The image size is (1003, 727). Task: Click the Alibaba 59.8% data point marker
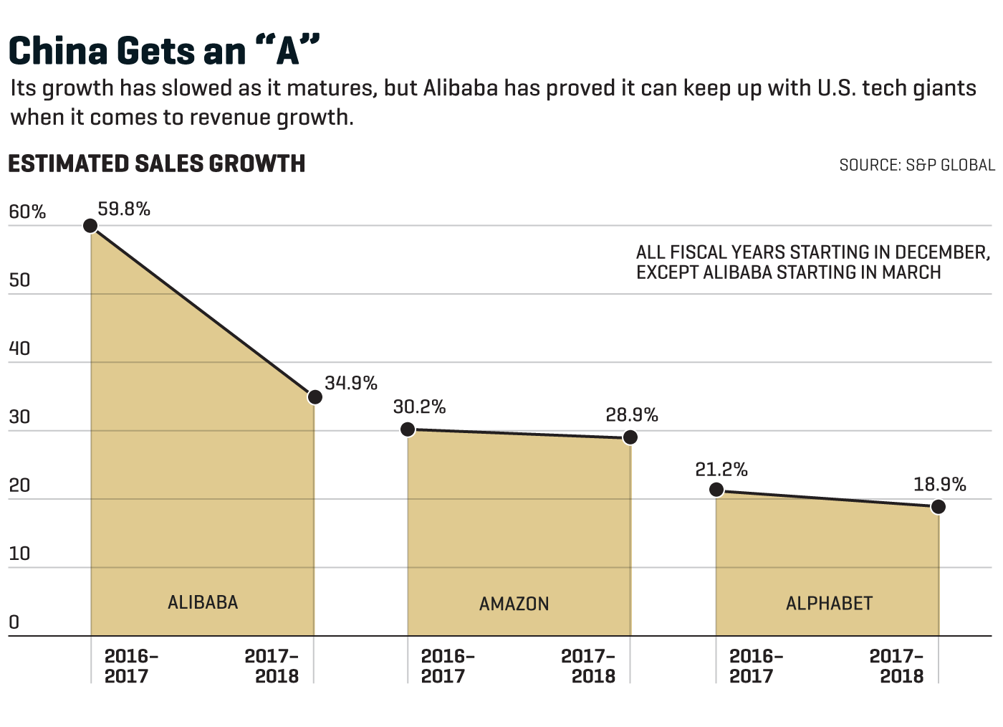[90, 226]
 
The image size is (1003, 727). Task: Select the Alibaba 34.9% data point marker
[315, 396]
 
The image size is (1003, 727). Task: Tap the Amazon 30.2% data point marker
[408, 429]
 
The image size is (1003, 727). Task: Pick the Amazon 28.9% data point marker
[630, 437]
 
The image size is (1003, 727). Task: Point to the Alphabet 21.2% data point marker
[716, 490]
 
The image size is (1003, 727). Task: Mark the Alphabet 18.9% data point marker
[939, 507]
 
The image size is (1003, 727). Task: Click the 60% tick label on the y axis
[27, 212]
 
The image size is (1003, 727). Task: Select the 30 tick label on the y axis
[19, 417]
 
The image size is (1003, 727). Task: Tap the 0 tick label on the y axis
[14, 622]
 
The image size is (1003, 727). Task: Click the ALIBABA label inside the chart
[203, 602]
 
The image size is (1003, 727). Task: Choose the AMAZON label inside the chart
[514, 604]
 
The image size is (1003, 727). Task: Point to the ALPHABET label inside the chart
[829, 604]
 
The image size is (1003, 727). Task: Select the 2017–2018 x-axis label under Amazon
[589, 666]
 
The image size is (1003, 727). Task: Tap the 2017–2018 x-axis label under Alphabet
[898, 666]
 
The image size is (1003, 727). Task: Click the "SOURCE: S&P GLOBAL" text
[917, 166]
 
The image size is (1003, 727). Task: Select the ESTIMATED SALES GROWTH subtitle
[157, 164]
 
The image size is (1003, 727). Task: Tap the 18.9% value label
[940, 485]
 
